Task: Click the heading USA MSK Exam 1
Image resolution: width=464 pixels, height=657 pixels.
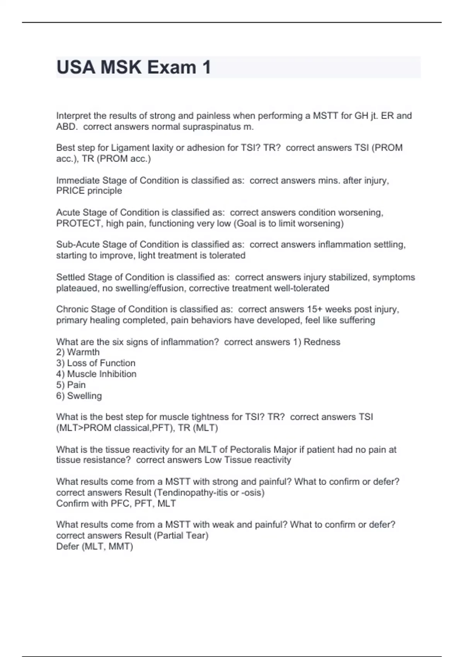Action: point(133,67)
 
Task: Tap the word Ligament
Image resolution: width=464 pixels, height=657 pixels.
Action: point(130,148)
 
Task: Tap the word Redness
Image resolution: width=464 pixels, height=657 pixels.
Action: point(322,342)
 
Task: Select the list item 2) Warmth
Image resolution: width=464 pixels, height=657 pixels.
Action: point(78,352)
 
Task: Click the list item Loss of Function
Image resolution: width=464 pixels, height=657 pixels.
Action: point(96,363)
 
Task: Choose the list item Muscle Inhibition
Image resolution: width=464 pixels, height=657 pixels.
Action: point(96,374)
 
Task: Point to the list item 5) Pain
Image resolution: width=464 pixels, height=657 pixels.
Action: point(71,385)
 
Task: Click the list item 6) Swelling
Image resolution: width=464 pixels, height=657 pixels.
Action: point(79,396)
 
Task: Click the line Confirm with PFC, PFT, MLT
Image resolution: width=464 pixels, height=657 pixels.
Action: point(116,504)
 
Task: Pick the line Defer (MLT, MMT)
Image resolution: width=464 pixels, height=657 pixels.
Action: point(94,546)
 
